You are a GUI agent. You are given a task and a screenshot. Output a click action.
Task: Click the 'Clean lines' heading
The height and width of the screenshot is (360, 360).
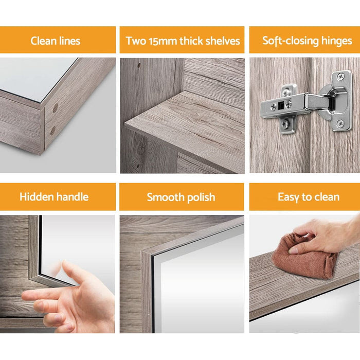(x=55, y=41)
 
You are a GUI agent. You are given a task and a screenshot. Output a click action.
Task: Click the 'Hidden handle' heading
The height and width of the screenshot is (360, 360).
(x=54, y=196)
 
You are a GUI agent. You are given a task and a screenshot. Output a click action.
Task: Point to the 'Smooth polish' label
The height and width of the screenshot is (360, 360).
(x=181, y=197)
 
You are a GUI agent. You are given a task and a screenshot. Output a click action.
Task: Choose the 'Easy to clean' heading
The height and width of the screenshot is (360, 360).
(x=309, y=197)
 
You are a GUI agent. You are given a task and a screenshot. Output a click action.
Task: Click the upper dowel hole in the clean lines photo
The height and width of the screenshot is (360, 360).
(x=55, y=109)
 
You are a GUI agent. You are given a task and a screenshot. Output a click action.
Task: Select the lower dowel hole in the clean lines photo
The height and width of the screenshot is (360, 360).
(x=52, y=131)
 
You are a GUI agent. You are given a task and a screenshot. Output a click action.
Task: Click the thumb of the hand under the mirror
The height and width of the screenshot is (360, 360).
(x=69, y=269)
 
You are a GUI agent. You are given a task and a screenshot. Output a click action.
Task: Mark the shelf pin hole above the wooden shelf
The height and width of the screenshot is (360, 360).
(x=138, y=66)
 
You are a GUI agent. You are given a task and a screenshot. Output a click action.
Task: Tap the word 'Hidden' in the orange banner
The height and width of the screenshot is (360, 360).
(x=38, y=196)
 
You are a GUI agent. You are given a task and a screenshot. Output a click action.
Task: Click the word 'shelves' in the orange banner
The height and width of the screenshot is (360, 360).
(x=222, y=41)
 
